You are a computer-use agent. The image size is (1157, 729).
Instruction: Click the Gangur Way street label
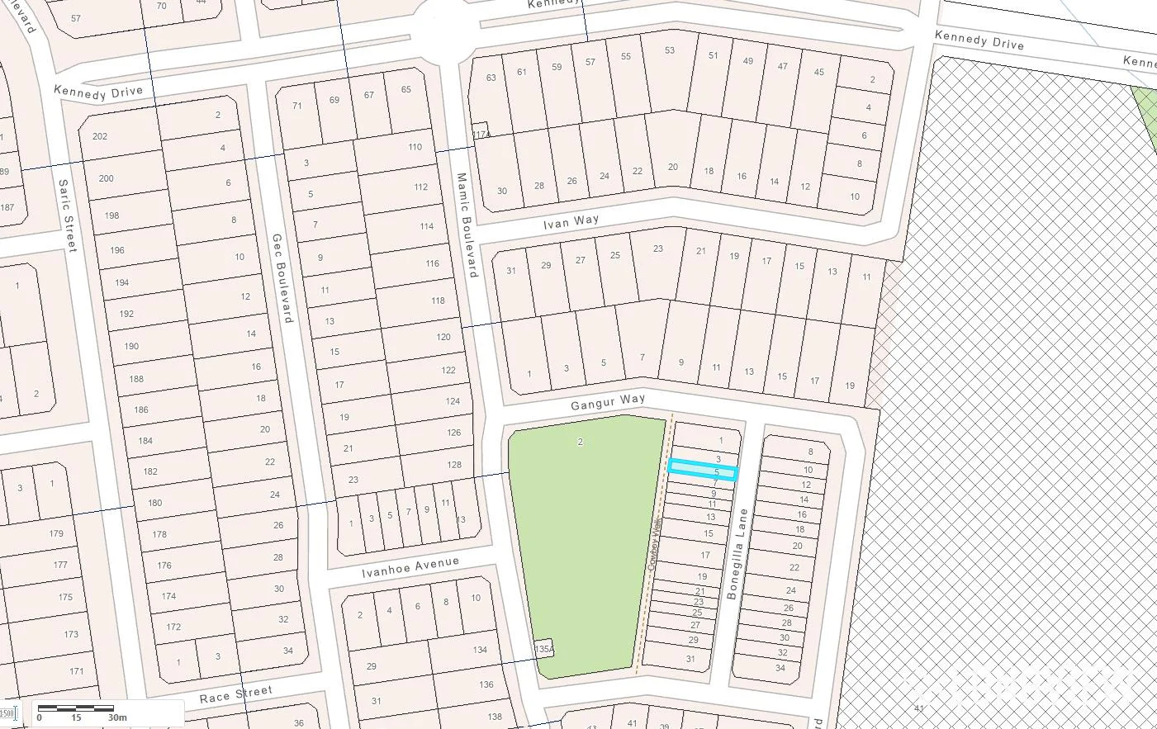608,402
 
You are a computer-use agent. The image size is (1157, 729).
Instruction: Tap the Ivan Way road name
571,223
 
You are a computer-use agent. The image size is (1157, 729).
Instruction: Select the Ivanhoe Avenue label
410,567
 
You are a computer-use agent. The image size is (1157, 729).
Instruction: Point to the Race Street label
235,694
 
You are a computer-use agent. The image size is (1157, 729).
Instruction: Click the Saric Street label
68,216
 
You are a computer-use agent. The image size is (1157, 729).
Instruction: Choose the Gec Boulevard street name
282,277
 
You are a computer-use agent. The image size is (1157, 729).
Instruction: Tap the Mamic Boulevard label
467,225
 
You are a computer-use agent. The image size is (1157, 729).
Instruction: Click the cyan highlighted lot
702,470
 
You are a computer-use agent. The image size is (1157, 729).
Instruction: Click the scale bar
76,708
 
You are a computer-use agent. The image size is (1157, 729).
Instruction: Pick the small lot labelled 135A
543,649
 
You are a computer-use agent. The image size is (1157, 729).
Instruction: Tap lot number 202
100,136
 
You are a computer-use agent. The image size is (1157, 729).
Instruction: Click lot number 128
454,465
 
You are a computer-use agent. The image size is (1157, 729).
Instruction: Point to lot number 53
669,50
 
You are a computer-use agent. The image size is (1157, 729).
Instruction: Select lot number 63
491,78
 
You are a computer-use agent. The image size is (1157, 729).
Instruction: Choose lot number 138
494,716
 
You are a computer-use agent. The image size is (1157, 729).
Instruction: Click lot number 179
55,533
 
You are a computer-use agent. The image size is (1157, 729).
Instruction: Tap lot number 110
415,147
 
